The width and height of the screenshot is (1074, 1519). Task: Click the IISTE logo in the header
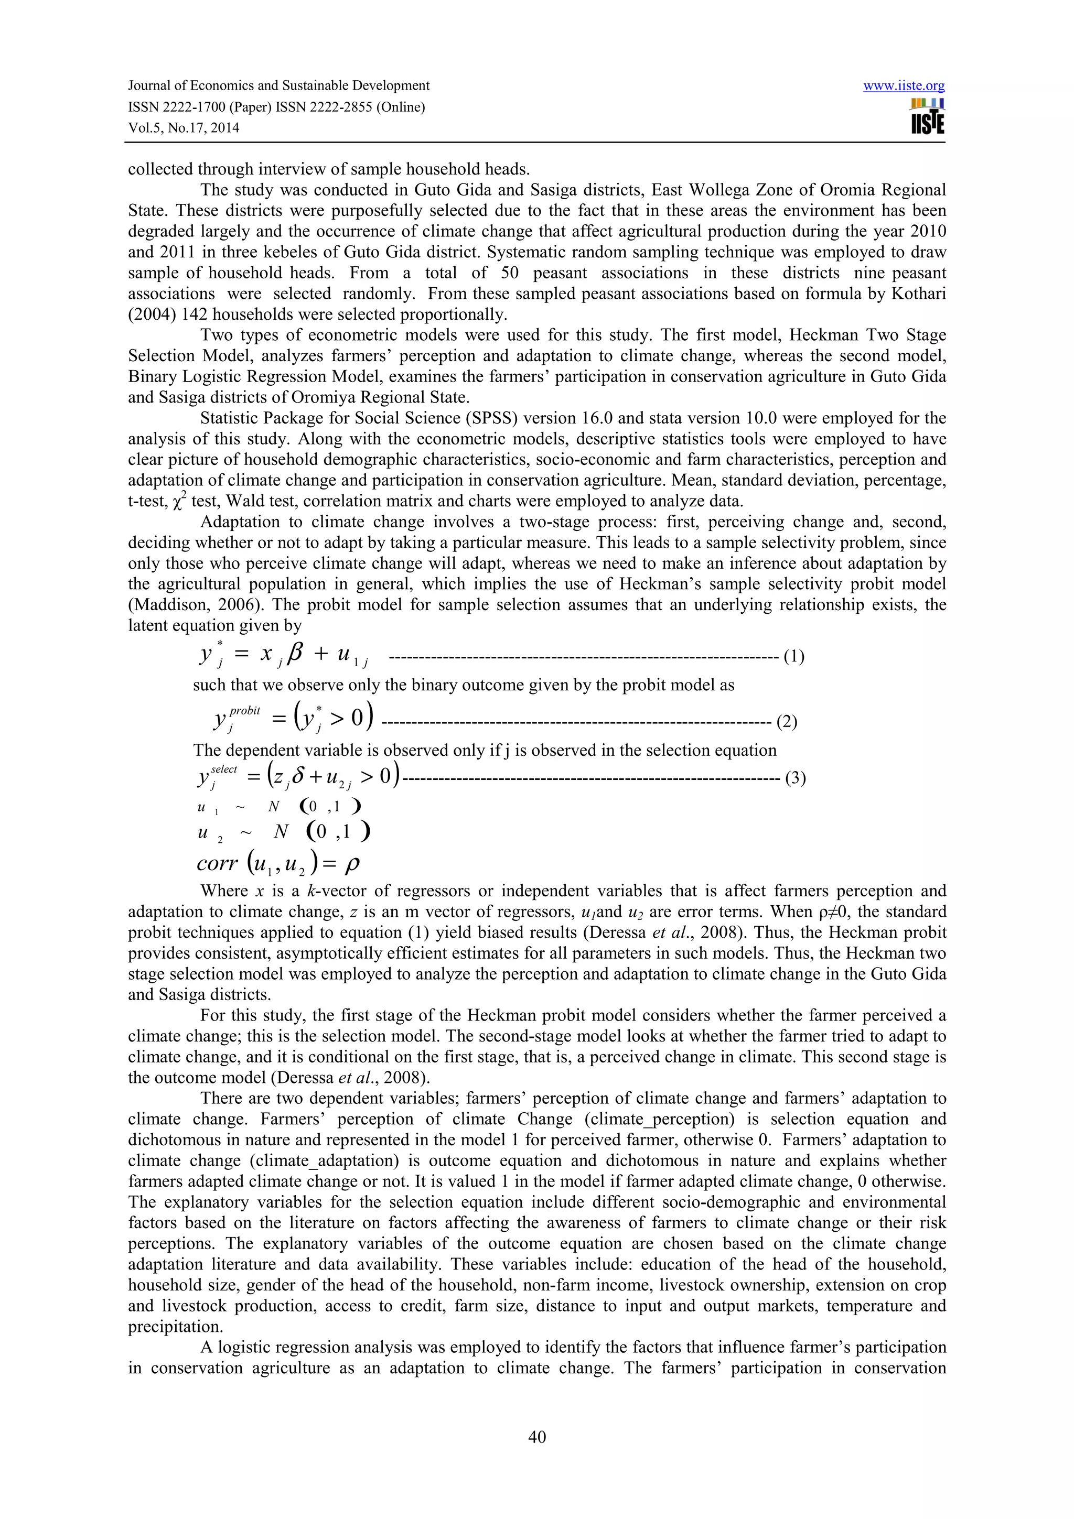(x=927, y=117)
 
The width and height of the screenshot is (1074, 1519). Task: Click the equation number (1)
(x=793, y=657)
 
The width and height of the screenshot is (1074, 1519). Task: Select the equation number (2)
(x=786, y=722)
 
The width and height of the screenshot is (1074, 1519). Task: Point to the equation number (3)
(x=794, y=778)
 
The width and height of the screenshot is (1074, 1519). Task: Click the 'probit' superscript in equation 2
(x=245, y=710)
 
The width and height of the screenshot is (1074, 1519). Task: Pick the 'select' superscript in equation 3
(x=224, y=769)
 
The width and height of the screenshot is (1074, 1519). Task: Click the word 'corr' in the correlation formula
(x=217, y=864)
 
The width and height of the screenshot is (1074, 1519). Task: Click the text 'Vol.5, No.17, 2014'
(x=184, y=128)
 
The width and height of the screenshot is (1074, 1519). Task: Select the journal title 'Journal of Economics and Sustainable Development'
(x=278, y=86)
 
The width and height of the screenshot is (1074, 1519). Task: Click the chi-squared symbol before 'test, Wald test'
(x=177, y=503)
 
